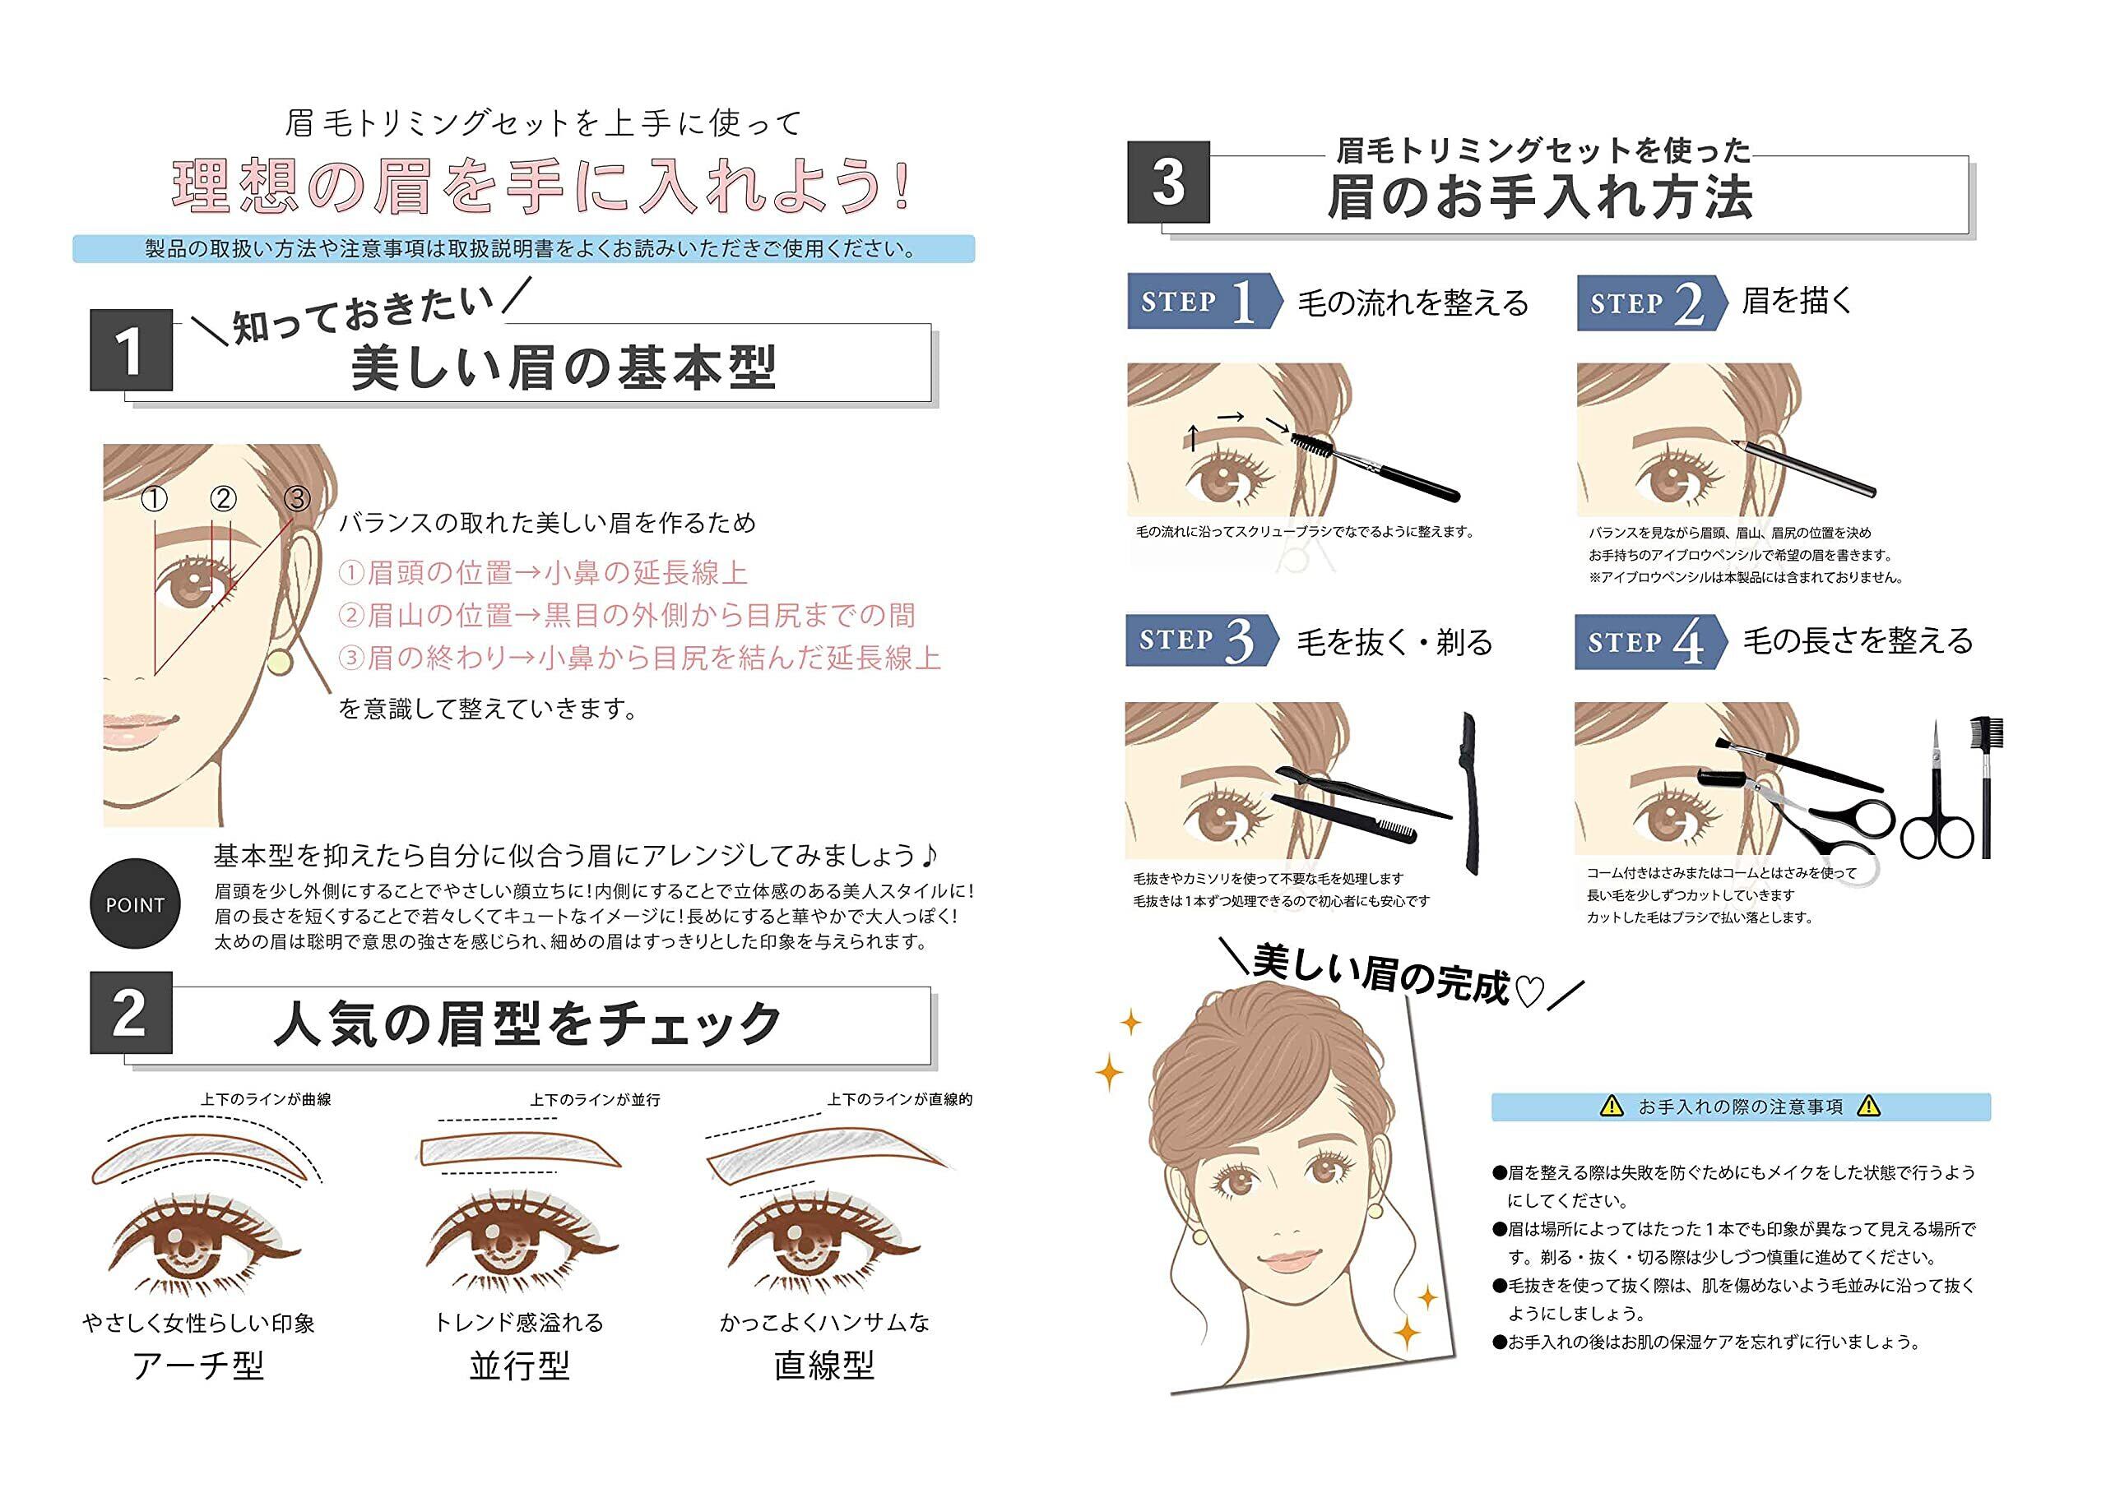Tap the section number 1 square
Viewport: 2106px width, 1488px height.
pos(131,350)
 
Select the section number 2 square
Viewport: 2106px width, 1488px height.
pos(131,1013)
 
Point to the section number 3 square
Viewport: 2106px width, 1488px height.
pos(1168,182)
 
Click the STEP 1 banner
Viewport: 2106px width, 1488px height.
pos(1204,301)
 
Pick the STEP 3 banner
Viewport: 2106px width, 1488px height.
pos(1203,640)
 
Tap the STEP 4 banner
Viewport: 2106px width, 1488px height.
pos(1651,642)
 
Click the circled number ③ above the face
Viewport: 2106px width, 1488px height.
pos(297,499)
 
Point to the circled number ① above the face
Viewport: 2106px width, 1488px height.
pos(155,500)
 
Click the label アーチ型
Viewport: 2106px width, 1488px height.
pos(198,1366)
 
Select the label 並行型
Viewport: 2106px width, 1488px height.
pos(519,1366)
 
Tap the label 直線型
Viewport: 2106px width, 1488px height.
pos(823,1366)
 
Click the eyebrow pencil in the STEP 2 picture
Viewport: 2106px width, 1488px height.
pos(1802,468)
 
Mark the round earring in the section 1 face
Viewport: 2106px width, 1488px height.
pos(280,662)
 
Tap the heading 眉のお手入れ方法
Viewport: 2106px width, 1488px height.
pos(1540,197)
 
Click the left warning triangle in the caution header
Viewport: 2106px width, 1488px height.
pos(1612,1107)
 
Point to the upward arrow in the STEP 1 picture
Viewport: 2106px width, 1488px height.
pos(1192,437)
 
